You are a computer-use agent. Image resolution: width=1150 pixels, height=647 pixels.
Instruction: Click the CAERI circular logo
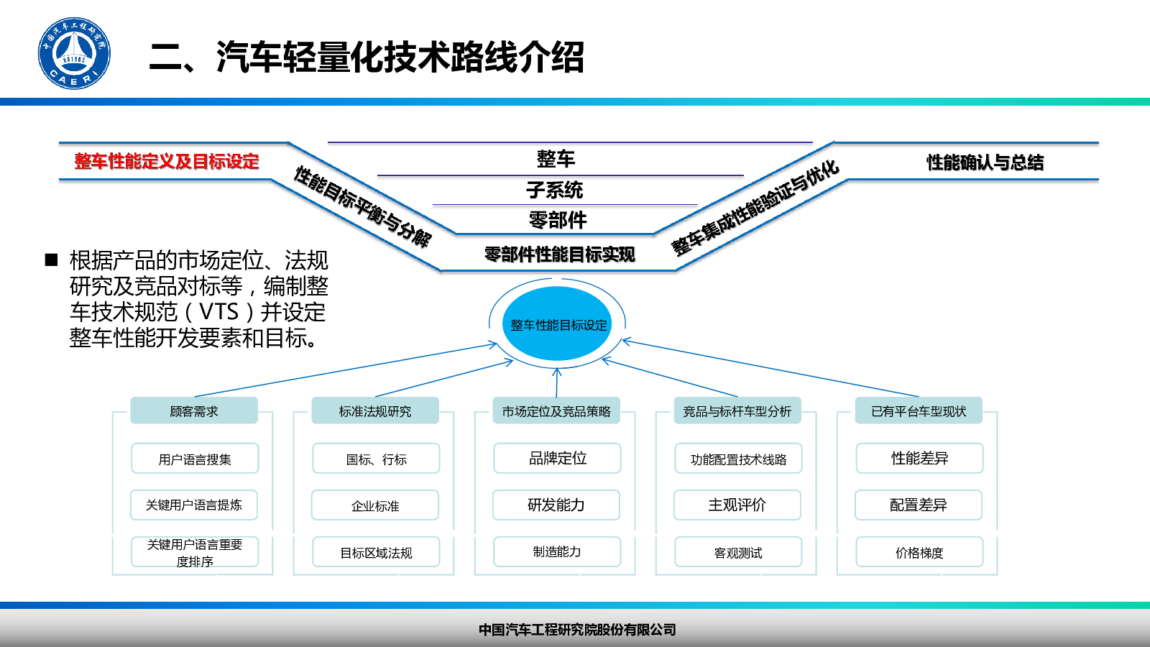click(x=74, y=54)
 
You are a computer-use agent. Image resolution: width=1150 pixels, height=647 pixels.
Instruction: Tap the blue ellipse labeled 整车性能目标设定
click(x=558, y=324)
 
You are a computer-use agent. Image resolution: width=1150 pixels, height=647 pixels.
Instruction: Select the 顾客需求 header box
click(x=194, y=411)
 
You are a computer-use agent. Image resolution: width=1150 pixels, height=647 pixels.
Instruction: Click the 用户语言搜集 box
click(x=195, y=459)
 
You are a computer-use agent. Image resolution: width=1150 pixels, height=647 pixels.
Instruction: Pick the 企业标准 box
click(x=375, y=505)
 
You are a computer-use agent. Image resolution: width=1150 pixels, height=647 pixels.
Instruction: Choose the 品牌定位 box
click(x=557, y=459)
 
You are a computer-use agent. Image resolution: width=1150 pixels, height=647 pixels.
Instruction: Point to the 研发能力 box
click(x=556, y=505)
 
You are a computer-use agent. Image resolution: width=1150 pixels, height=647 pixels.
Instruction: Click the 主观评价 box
click(x=737, y=505)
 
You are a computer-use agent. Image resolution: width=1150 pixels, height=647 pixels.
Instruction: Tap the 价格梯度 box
click(x=919, y=552)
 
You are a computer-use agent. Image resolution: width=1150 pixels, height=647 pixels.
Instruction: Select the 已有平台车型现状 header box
click(x=919, y=411)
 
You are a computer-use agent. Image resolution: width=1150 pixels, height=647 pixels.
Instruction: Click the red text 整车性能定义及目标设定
click(x=167, y=161)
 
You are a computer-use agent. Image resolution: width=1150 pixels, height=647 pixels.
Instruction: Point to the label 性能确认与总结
click(x=985, y=162)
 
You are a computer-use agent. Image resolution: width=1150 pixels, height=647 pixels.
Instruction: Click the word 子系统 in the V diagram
click(x=554, y=191)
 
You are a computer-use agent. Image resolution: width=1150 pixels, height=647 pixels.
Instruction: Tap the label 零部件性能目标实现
click(x=559, y=254)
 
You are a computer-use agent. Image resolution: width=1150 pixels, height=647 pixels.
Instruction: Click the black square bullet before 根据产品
click(x=51, y=260)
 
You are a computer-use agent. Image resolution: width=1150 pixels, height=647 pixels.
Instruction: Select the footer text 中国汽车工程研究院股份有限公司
click(x=577, y=630)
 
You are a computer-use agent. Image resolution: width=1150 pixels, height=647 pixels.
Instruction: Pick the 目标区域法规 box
click(x=376, y=552)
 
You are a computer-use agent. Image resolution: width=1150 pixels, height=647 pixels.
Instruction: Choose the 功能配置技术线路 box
click(x=738, y=459)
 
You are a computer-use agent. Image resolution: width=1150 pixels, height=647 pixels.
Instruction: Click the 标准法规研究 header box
click(x=375, y=411)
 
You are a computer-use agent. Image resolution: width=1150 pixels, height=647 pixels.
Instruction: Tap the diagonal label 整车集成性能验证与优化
click(x=755, y=207)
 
